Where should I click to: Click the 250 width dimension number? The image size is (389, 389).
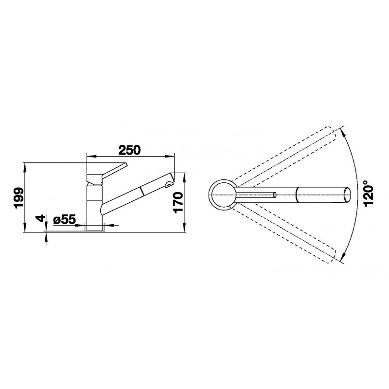(x=129, y=150)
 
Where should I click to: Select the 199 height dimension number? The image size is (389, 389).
(x=19, y=198)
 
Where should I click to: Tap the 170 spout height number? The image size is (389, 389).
(x=178, y=203)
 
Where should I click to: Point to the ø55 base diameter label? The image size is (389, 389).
(x=64, y=219)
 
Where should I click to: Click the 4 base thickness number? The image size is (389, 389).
(x=40, y=218)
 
